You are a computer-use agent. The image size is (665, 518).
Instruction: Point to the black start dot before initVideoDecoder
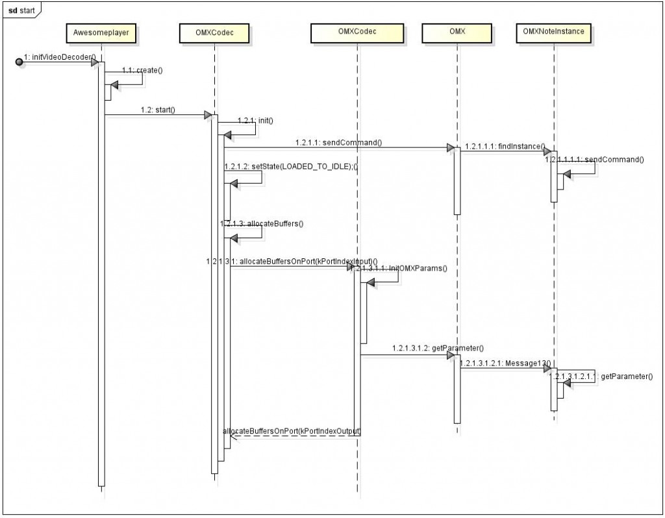19,62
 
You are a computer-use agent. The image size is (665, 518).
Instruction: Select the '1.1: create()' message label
142,69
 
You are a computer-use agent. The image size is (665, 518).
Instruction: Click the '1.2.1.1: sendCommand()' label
340,142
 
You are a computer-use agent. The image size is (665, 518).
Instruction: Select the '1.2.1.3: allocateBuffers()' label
264,223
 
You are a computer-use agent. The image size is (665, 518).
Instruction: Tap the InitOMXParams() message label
402,267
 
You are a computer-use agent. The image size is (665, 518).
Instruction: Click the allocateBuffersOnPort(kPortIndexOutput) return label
292,430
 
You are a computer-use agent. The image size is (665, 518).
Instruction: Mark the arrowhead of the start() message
208,116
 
